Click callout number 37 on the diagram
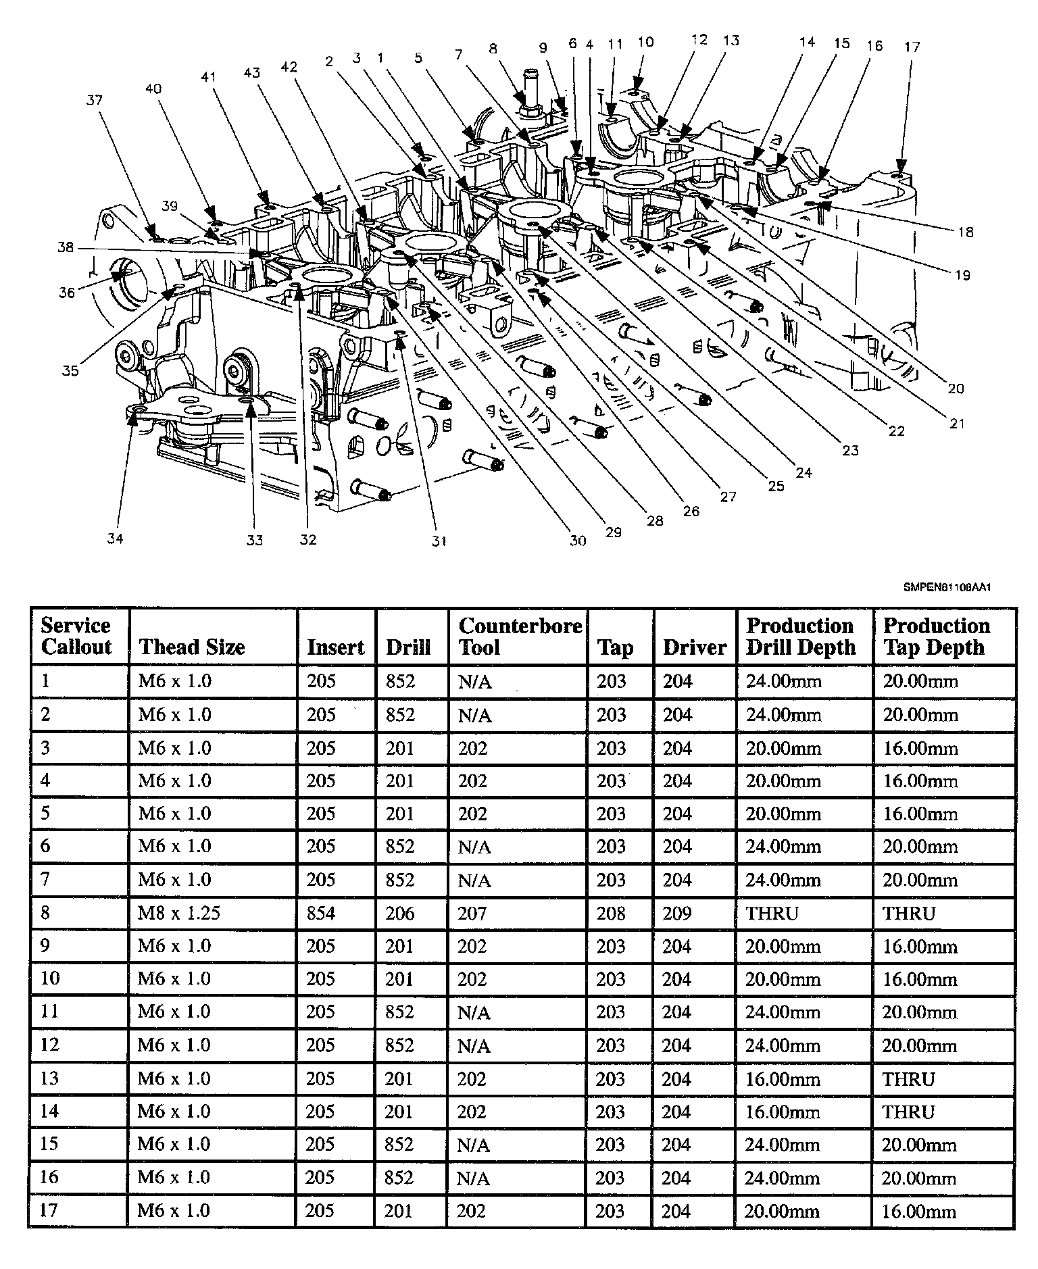[94, 100]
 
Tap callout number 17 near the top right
[912, 47]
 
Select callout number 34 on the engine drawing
[116, 539]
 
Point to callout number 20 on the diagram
[956, 389]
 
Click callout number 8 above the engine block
[493, 48]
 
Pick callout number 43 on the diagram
[252, 74]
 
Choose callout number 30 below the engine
[578, 541]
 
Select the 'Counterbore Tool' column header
[520, 637]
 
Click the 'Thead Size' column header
[192, 647]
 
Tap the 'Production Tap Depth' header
[936, 637]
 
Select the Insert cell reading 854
[320, 913]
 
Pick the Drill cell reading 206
[399, 913]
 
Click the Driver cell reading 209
[676, 913]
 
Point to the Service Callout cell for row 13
[50, 1078]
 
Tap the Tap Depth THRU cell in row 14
[908, 1112]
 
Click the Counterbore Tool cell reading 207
[472, 913]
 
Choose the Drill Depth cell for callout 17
[782, 1211]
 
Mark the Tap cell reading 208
[611, 913]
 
